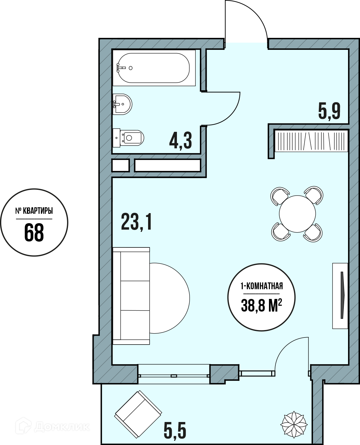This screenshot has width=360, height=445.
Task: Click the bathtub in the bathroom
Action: click(154, 68)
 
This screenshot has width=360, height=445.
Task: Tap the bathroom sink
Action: click(122, 104)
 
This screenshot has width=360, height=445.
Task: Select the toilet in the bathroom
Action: click(128, 138)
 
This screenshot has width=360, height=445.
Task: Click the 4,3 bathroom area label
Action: click(180, 140)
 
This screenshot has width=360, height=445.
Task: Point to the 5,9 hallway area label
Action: click(329, 111)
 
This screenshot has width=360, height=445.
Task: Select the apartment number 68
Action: click(34, 233)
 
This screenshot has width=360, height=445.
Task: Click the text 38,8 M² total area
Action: click(261, 305)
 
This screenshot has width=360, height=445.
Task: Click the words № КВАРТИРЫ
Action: click(34, 211)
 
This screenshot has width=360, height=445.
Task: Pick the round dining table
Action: click(297, 214)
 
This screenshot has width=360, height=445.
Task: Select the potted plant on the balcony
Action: click(294, 425)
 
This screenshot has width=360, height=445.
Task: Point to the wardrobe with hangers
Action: click(311, 141)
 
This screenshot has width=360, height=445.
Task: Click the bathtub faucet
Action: click(121, 68)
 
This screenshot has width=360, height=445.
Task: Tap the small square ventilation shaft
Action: click(121, 165)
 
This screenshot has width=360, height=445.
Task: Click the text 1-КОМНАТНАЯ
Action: click(262, 286)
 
